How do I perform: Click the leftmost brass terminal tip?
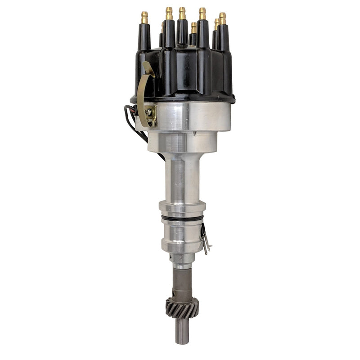pos(144,17)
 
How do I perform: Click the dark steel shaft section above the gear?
pos(182,283)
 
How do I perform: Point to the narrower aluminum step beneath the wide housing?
pos(182,142)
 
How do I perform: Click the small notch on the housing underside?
pos(195,133)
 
